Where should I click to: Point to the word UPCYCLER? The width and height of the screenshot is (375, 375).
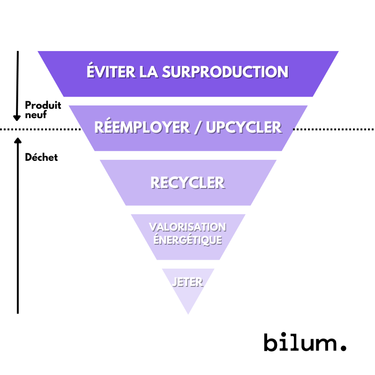pyautogui.click(x=244, y=127)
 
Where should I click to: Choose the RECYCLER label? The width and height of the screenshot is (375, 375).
pyautogui.click(x=187, y=182)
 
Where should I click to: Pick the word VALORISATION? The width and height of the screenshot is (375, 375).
pyautogui.click(x=187, y=227)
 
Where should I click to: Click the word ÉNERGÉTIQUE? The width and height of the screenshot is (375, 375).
pyautogui.click(x=187, y=240)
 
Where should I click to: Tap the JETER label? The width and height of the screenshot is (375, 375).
pyautogui.click(x=187, y=282)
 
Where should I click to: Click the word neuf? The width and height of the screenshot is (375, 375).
pyautogui.click(x=36, y=115)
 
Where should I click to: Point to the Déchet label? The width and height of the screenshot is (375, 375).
pyautogui.click(x=41, y=157)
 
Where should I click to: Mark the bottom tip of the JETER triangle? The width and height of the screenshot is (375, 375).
pyautogui.click(x=188, y=313)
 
